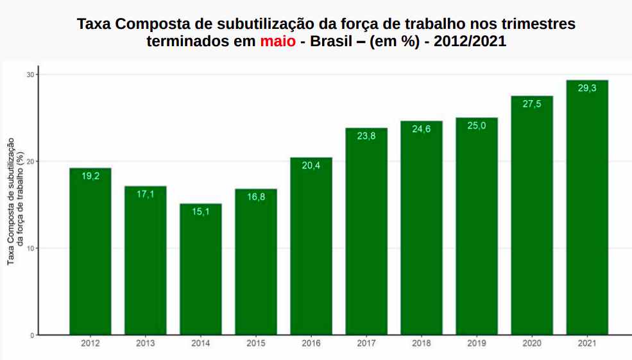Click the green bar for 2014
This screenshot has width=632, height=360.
[201, 270]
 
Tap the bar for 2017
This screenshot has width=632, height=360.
[366, 231]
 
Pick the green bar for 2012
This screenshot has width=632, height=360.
[90, 251]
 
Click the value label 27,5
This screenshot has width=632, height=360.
[532, 103]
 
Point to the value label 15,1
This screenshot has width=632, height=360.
[201, 211]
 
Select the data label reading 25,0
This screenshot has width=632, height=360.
[477, 126]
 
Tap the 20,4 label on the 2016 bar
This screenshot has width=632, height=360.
[311, 165]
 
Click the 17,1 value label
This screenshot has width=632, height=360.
[146, 194]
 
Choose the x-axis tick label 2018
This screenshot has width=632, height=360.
[422, 344]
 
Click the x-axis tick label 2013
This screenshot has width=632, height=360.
[146, 344]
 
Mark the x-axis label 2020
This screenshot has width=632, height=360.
[532, 344]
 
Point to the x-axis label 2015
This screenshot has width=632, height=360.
[256, 344]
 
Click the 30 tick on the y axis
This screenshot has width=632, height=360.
[30, 74]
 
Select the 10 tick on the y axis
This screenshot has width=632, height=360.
[30, 248]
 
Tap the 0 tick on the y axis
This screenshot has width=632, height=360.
[31, 335]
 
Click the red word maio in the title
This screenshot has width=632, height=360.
[278, 42]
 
